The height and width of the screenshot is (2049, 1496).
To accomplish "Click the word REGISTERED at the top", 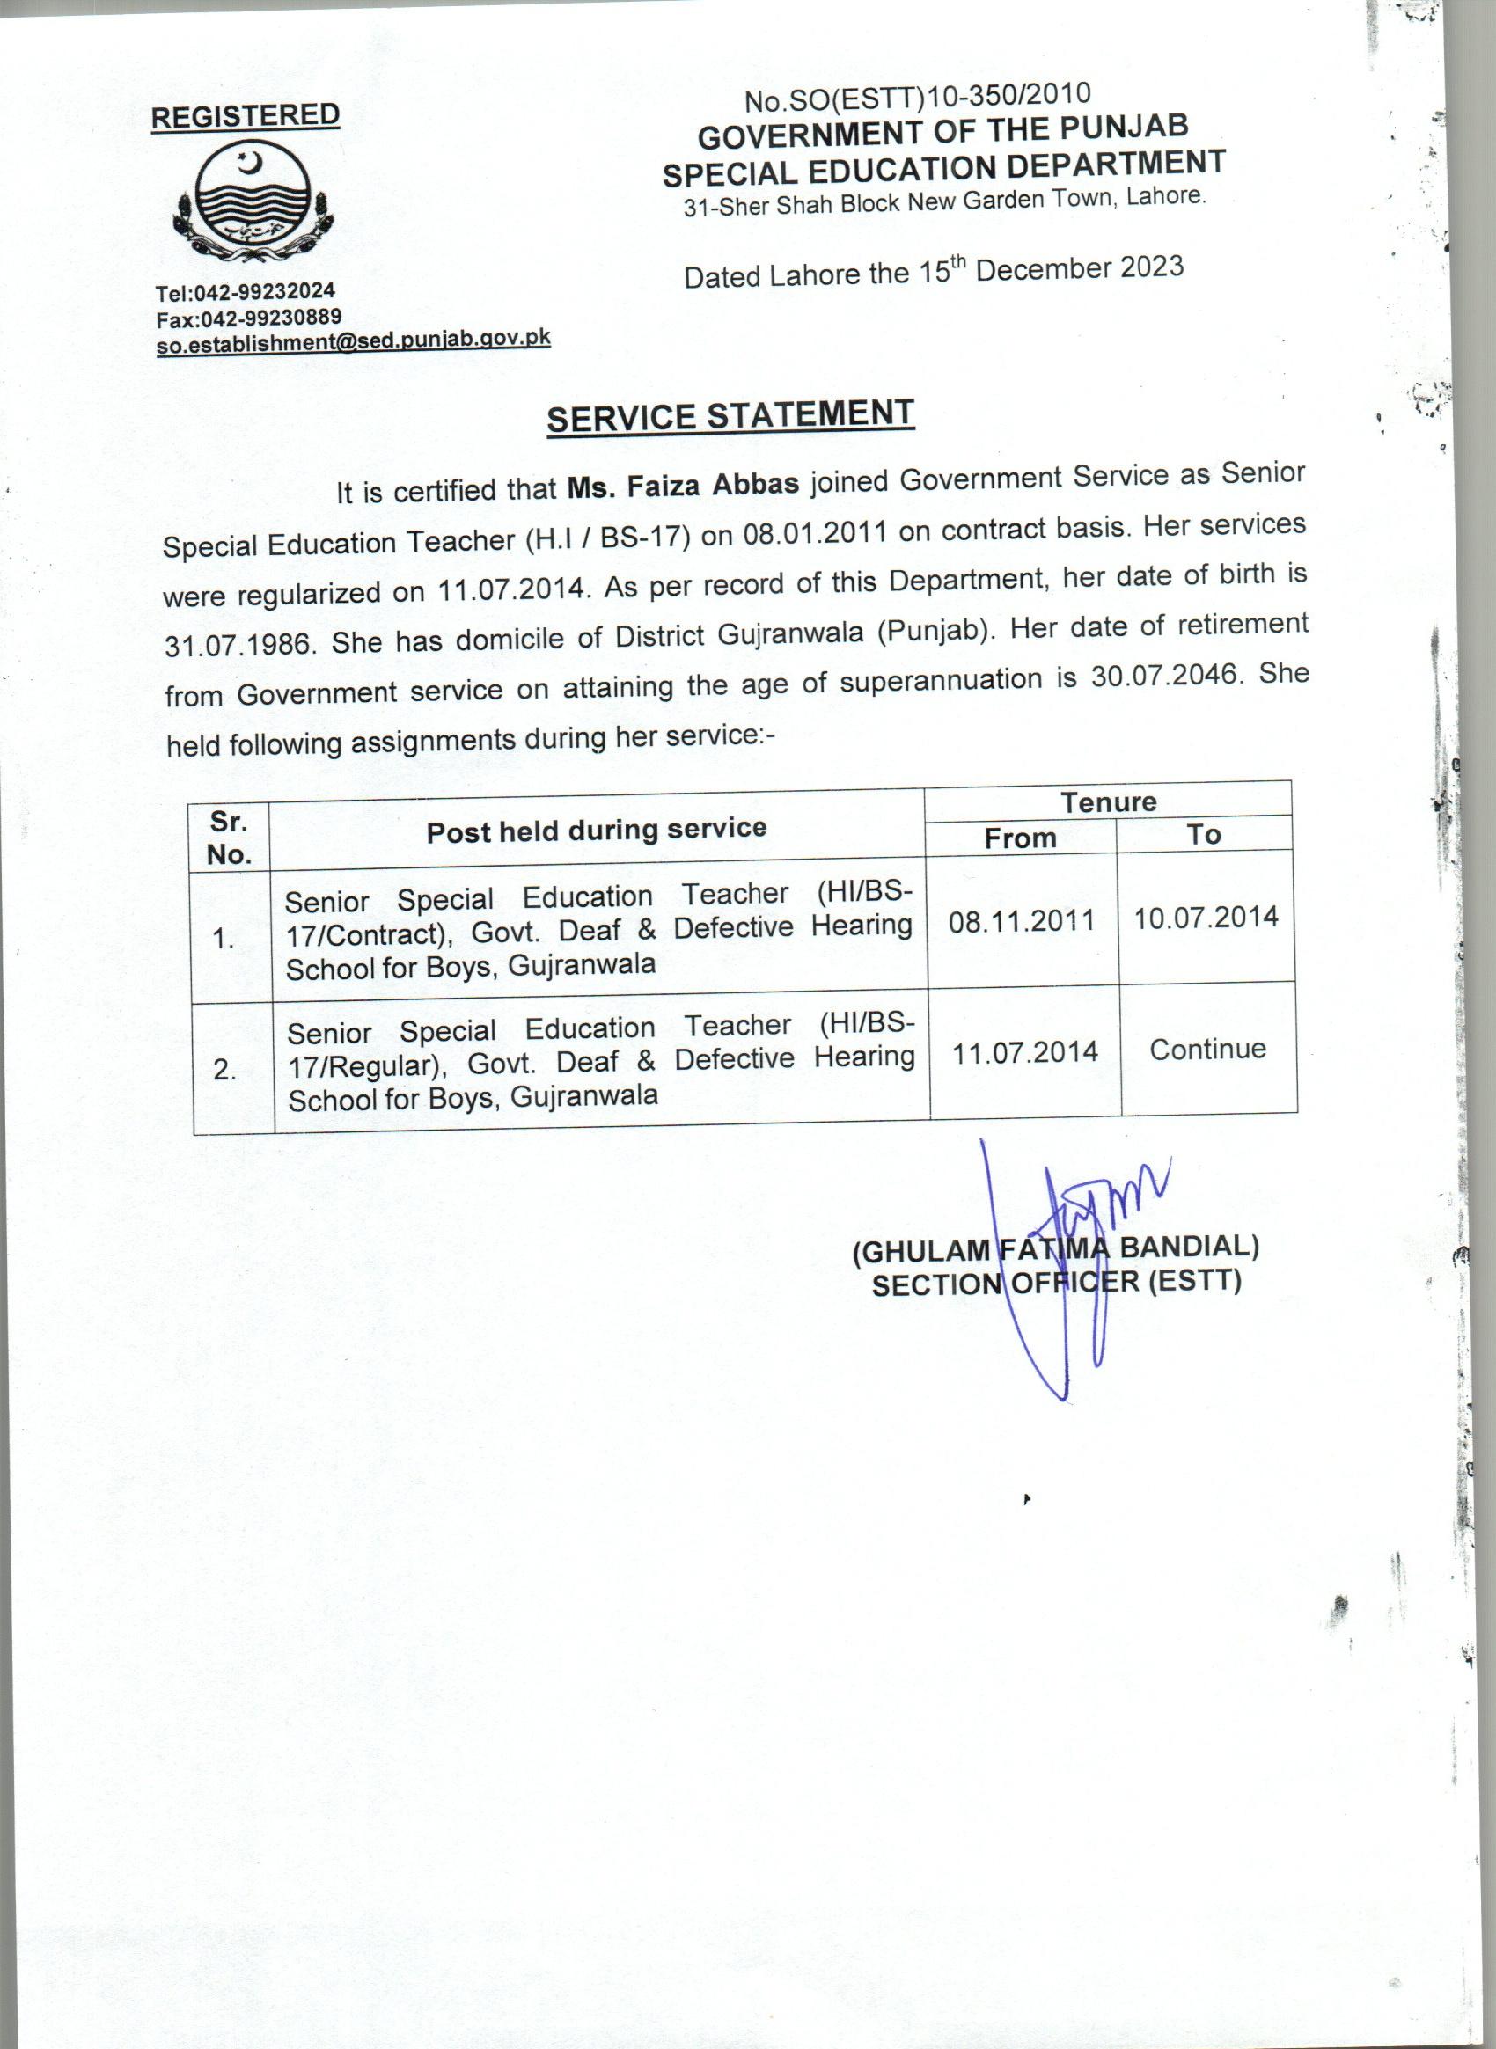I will point(245,116).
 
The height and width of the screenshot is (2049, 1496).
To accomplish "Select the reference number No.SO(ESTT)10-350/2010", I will point(916,97).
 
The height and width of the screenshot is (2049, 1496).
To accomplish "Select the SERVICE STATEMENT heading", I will point(730,416).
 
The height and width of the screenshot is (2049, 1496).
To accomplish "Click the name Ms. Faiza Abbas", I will point(683,486).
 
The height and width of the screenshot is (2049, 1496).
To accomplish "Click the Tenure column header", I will point(1109,801).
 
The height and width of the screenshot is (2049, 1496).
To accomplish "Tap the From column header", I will point(1021,838).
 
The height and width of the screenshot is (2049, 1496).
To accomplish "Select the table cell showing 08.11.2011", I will point(1023,921).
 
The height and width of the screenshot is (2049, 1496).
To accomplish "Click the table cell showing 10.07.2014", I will point(1206,918).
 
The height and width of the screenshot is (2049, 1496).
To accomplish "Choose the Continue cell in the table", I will point(1207,1050).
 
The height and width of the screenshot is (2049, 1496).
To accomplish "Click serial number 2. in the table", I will point(225,1070).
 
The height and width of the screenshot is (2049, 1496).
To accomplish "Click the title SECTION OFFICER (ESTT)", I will point(1056,1283).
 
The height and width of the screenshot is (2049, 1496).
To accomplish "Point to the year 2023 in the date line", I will point(1150,267).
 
